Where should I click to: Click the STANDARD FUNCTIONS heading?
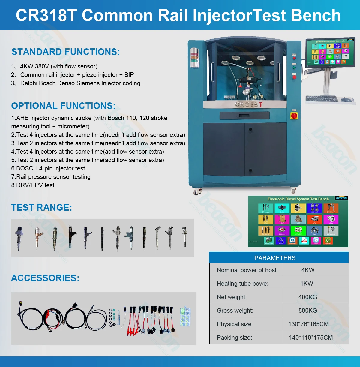tap(65, 52)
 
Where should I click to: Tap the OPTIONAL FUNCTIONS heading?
tap(63, 106)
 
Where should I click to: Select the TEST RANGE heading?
tap(41, 207)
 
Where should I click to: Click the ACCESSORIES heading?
tap(45, 278)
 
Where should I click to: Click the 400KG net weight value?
tap(307, 297)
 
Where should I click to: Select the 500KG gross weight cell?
tap(307, 310)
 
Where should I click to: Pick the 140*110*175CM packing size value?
tap(310, 337)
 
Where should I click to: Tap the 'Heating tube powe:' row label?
tap(242, 283)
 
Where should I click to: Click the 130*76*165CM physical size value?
tap(308, 324)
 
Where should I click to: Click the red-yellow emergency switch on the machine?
tap(294, 115)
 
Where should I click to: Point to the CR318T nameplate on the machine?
tap(249, 104)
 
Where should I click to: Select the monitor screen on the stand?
tap(330, 52)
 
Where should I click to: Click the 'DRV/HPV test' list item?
tap(33, 185)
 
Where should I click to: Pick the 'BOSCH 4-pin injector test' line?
tap(48, 168)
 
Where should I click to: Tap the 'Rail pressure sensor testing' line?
tap(51, 177)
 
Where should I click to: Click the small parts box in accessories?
tap(185, 316)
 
